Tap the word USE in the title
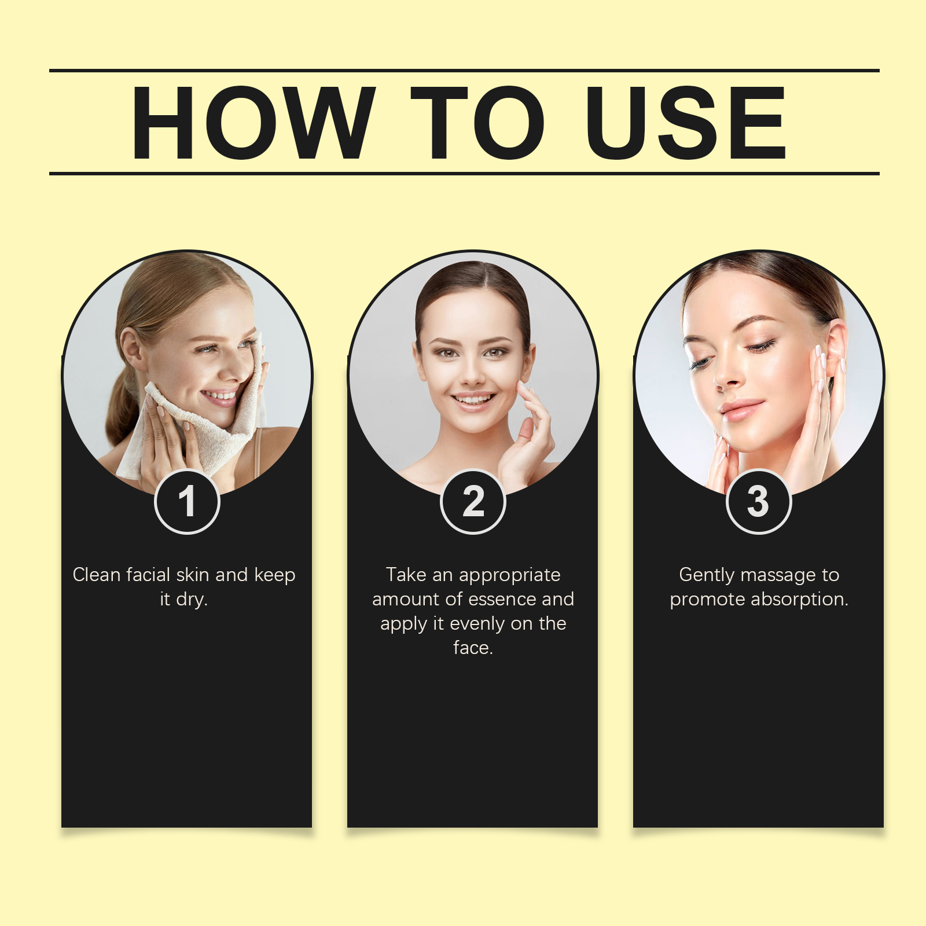click(x=686, y=123)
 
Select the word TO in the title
click(x=478, y=123)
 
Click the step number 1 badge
click(x=187, y=501)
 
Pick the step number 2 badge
click(x=473, y=501)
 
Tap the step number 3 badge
click(x=759, y=501)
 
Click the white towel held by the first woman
click(x=200, y=417)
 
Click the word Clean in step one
click(x=97, y=575)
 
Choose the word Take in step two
click(x=406, y=575)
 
